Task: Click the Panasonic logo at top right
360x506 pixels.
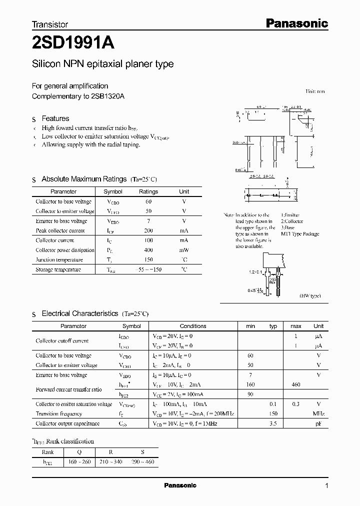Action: pos(296,23)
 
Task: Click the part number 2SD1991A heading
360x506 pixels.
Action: pos(73,43)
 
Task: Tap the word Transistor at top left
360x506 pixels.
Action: pos(50,24)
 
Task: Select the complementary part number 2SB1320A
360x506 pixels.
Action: pos(107,96)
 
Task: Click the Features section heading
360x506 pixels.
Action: pos(55,118)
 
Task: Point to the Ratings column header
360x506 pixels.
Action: pos(148,191)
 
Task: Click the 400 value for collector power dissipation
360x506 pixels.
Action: pos(148,250)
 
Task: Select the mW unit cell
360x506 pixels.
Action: pos(184,250)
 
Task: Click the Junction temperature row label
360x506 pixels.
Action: pos(59,260)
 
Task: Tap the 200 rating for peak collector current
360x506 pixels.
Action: pos(148,230)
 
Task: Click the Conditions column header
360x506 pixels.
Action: pos(192,326)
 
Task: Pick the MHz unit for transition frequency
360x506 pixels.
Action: pos(318,414)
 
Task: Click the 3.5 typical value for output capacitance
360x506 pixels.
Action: pos(273,423)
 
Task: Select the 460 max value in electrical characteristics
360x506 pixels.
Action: pos(296,384)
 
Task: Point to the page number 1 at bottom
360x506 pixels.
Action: pos(326,486)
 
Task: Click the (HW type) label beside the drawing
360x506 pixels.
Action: pos(310,296)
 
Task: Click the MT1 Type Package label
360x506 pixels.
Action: pos(299,234)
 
